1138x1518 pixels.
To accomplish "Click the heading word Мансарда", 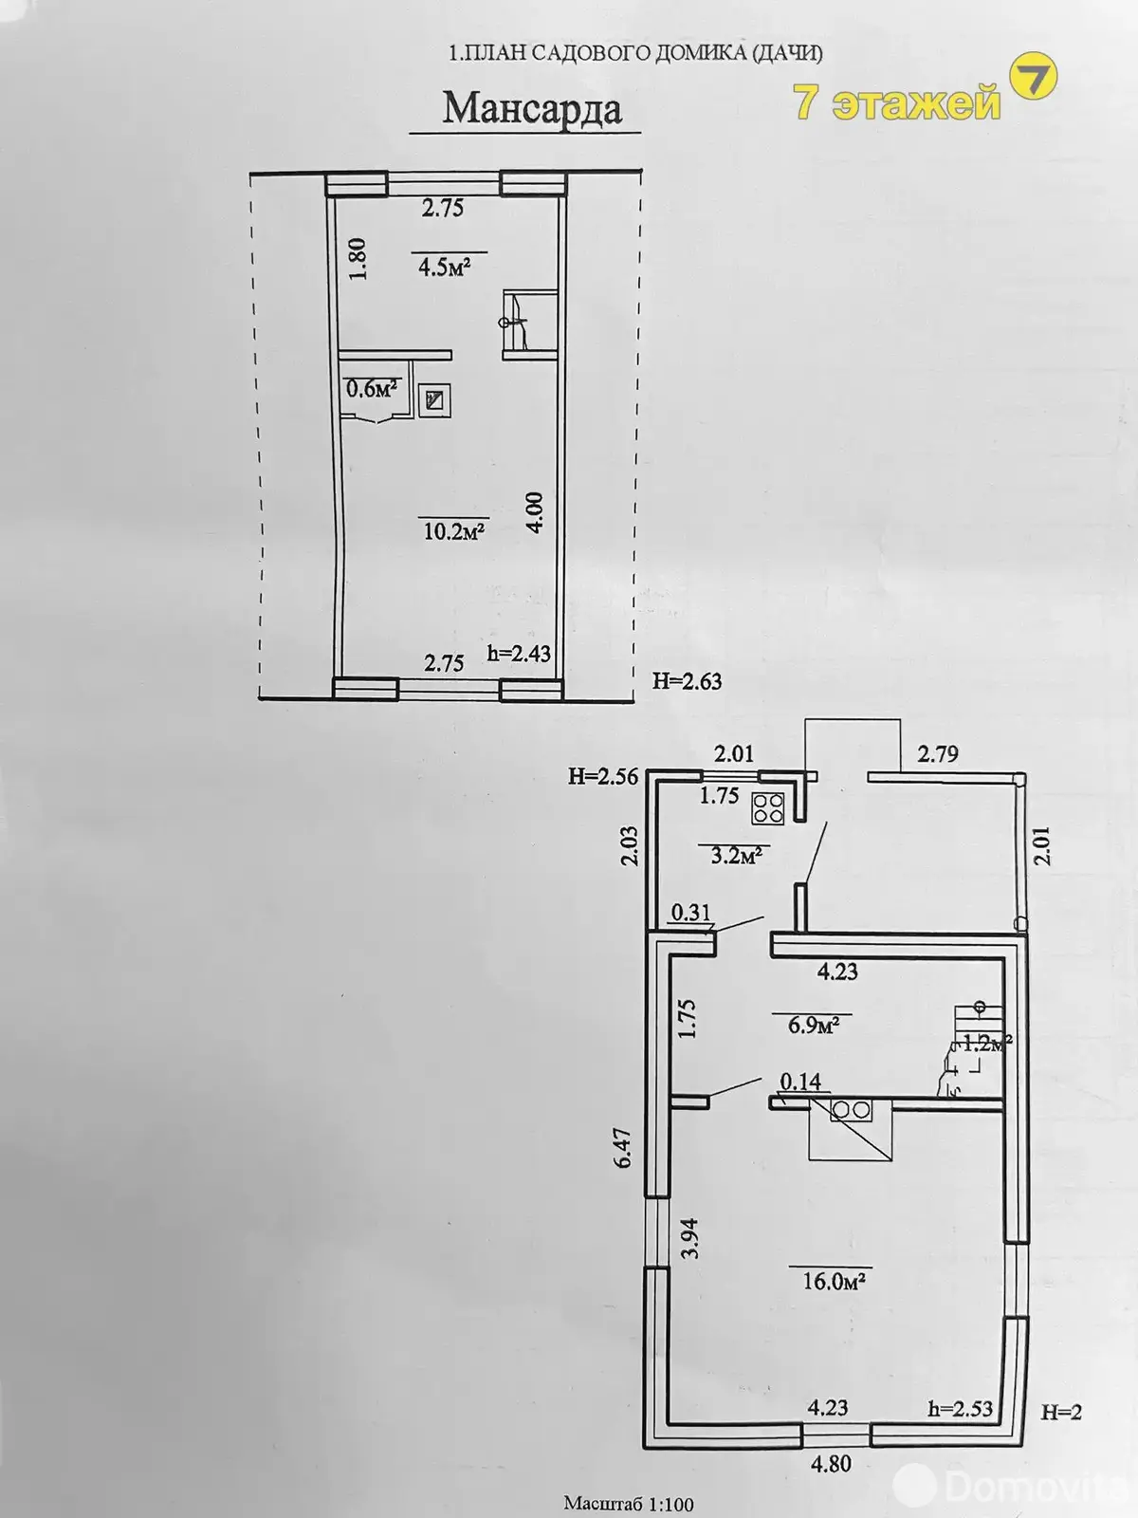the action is tap(532, 108).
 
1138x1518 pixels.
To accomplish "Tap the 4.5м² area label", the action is tap(446, 267).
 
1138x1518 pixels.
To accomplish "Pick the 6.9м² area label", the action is tap(814, 1025).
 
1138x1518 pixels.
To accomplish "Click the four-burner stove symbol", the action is tap(767, 807).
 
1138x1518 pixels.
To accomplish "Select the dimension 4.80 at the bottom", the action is tap(830, 1464).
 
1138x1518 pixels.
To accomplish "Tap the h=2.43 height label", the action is tap(519, 654).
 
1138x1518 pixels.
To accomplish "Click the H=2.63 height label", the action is tap(687, 680).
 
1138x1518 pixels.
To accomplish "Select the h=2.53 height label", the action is tap(960, 1408).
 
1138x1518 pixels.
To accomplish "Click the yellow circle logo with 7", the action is tap(1031, 79).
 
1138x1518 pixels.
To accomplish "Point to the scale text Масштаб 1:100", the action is tap(629, 1504).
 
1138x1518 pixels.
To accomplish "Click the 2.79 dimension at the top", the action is tap(937, 754).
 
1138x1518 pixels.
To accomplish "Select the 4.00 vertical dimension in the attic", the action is tap(535, 511).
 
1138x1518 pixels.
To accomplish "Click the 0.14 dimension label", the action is tap(800, 1082).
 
